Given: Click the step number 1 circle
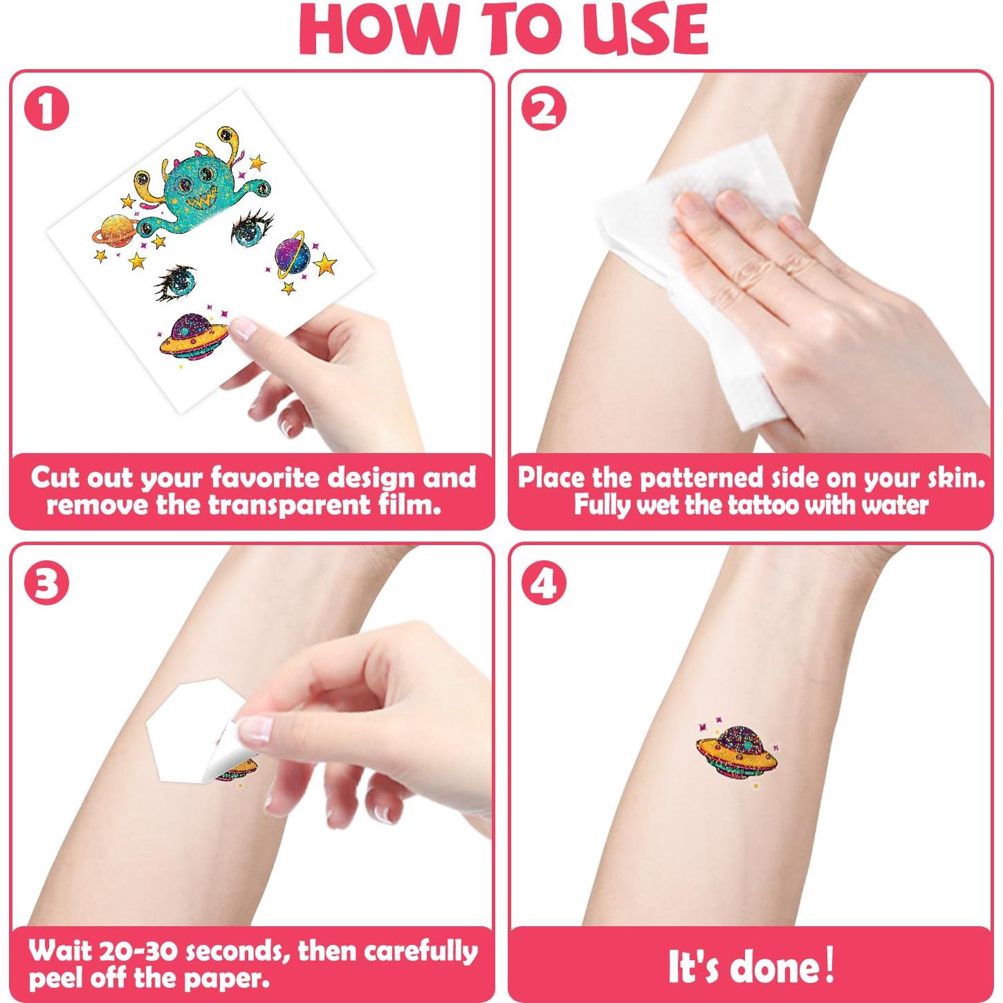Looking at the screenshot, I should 46,109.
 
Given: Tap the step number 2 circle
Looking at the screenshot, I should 544,109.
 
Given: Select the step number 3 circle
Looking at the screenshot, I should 46,582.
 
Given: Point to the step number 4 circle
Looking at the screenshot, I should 544,582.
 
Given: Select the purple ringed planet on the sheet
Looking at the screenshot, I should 293,255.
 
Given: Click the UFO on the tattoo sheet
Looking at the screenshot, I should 193,335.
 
